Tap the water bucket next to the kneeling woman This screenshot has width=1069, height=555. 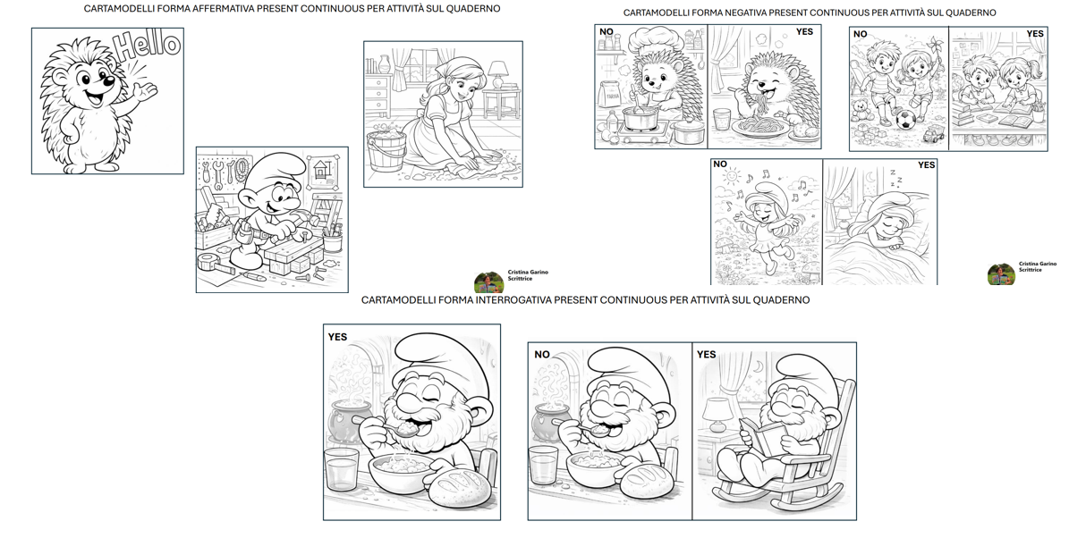coord(386,150)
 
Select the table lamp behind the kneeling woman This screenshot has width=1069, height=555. coord(499,74)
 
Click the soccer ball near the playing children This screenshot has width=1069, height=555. coord(904,121)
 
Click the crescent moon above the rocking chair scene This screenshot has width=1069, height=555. coord(758,367)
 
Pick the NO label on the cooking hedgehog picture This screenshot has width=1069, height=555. coord(607,32)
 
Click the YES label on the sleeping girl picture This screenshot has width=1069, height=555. coord(926,165)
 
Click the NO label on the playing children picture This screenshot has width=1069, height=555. coord(861,34)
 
